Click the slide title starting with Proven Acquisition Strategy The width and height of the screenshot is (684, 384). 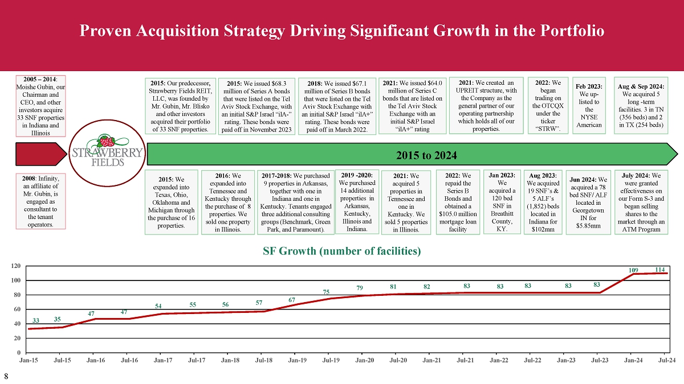click(342, 30)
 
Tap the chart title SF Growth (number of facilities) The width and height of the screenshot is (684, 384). click(342, 251)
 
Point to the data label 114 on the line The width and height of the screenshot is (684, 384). click(661, 269)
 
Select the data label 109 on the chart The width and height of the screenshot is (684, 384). click(633, 269)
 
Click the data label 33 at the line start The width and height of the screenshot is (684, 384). click(36, 321)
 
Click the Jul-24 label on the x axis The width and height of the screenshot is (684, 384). click(667, 360)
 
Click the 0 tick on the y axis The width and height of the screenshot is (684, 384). click(19, 352)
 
